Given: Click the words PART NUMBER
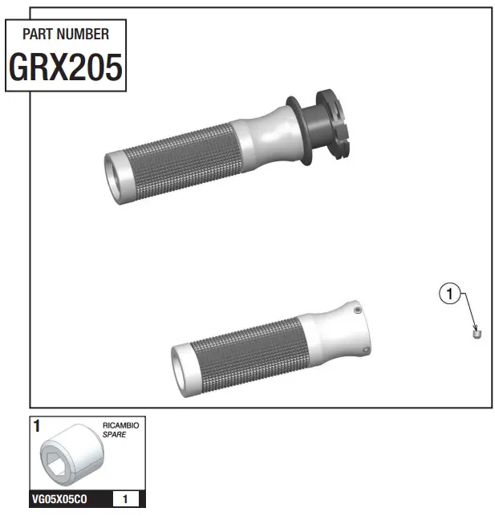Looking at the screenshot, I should (x=65, y=35).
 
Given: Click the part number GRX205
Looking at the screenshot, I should (x=65, y=67).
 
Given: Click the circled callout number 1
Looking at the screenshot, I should (x=450, y=295).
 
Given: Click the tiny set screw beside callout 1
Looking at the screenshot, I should (x=476, y=332).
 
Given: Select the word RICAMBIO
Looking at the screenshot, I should (x=121, y=425).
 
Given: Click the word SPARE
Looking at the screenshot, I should (x=114, y=434).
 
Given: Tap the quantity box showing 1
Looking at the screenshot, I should (x=124, y=499).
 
